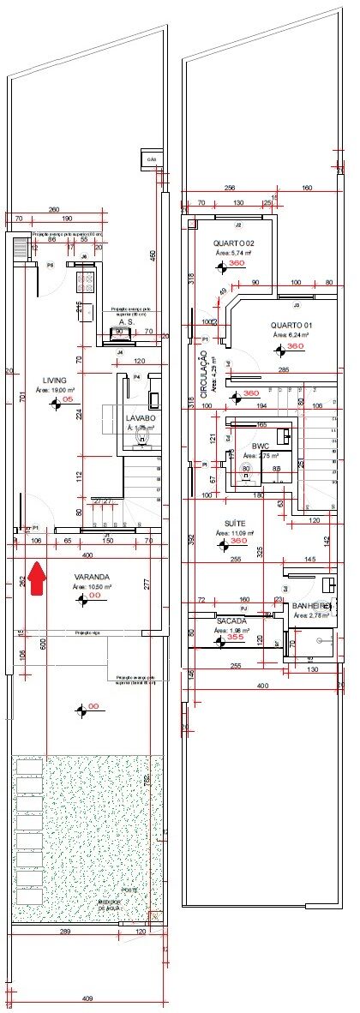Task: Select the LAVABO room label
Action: pos(142,417)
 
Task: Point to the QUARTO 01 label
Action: pos(291,325)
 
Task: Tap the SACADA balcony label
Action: pos(231,620)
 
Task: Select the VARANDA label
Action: pos(90,576)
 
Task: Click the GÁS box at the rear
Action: pos(152,159)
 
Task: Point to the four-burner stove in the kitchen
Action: pos(87,278)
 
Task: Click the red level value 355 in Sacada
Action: pos(235,638)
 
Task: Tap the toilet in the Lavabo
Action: pos(143,438)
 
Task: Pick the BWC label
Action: pos(260,447)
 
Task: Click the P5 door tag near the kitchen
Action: pos(51,266)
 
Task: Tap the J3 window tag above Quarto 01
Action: pos(297,304)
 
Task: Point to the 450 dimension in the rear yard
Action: pos(153,255)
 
